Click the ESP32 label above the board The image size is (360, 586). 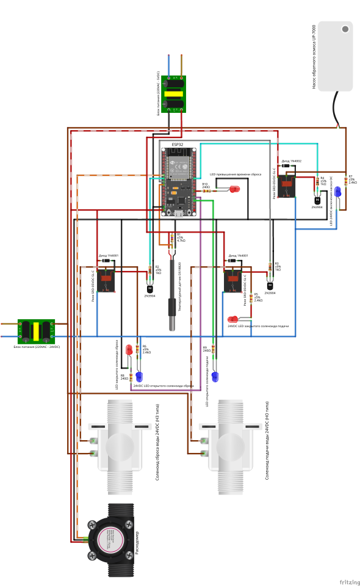(177, 145)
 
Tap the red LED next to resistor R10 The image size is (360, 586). (234, 190)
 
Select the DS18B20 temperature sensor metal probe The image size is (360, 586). (173, 311)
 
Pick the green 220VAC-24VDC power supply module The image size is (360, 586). (37, 330)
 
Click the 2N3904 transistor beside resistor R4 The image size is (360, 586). (318, 200)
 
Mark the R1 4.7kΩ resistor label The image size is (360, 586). (181, 237)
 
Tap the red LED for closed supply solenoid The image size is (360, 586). (232, 319)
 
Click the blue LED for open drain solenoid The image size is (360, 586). (139, 377)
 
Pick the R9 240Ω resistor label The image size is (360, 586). (206, 349)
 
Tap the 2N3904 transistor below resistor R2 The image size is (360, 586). (150, 286)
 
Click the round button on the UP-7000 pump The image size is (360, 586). (345, 29)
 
